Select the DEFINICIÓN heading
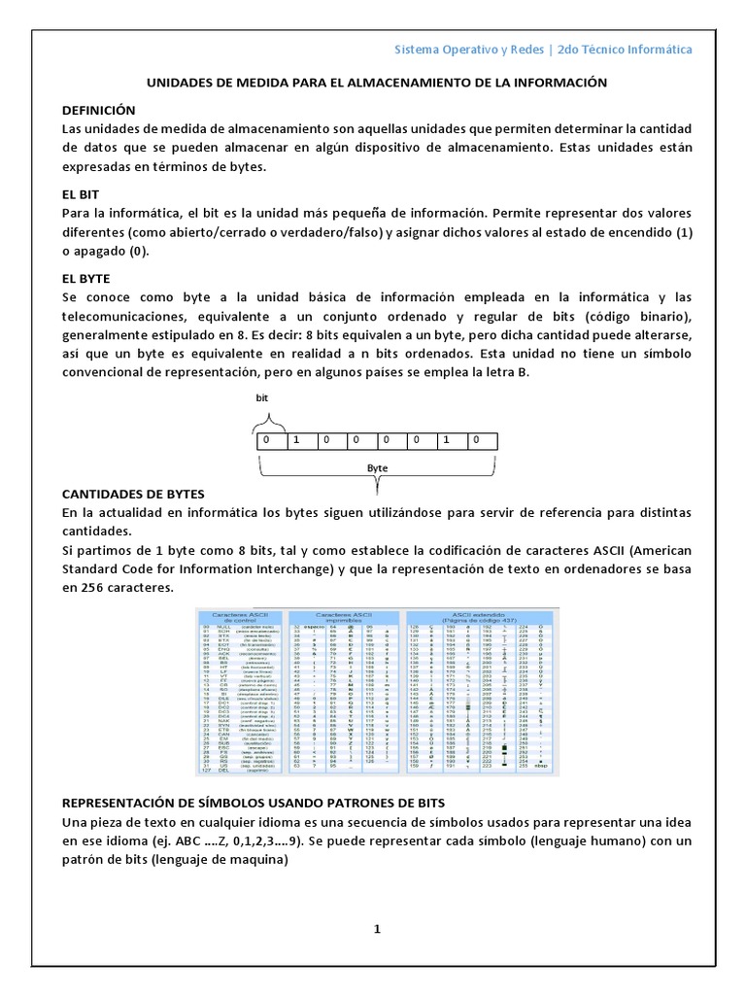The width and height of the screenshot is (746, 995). coord(98,110)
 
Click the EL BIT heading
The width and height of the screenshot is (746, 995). coord(81,194)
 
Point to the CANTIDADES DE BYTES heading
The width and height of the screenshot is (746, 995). coord(137,493)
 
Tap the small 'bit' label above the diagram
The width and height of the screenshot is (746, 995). coord(261,398)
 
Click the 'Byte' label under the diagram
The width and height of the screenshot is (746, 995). coord(377,467)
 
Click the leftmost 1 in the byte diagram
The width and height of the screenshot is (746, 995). coord(296,440)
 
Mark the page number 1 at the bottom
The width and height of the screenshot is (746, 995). coord(377,930)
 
